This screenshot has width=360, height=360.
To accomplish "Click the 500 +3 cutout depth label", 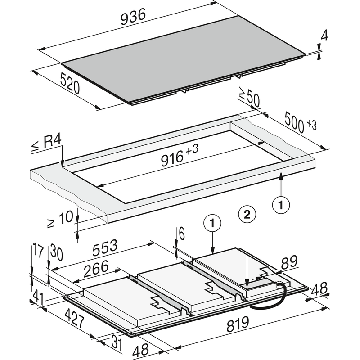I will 300,123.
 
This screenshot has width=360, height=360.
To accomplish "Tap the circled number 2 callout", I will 247,215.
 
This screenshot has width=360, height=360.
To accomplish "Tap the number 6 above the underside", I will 181,234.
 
